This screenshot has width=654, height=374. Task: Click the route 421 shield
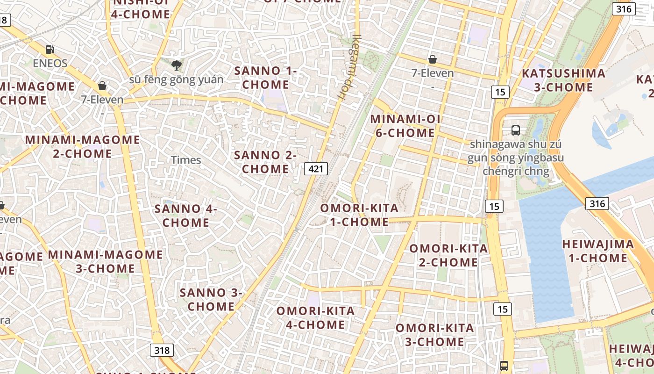coord(316,169)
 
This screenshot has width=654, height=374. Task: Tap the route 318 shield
coord(162,350)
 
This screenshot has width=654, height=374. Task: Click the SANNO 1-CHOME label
coord(265,78)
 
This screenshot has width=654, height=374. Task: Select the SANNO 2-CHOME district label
coord(265,162)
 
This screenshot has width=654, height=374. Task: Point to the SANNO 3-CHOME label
coord(211,300)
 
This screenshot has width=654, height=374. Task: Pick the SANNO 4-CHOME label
coord(186,216)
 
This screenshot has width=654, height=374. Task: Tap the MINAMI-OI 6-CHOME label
coord(405,126)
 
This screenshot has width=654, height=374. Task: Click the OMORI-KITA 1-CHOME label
coord(359,215)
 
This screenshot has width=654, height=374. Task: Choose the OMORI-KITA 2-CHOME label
coord(448,255)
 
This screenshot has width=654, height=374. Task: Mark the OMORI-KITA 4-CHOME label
coord(315,318)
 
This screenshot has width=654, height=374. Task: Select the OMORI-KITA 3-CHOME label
coord(434,335)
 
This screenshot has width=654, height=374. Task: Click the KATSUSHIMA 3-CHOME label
coord(563,80)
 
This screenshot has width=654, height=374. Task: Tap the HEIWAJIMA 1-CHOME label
coord(598,251)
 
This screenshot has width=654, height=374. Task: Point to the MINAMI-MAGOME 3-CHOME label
coord(106,261)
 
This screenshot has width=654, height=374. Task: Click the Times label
coord(186,160)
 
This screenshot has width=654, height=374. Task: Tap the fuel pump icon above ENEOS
coord(50,49)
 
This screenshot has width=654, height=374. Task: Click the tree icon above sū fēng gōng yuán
coord(176,65)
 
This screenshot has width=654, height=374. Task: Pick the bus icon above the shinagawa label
coord(516,130)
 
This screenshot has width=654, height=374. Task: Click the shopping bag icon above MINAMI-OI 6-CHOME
coord(433,59)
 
